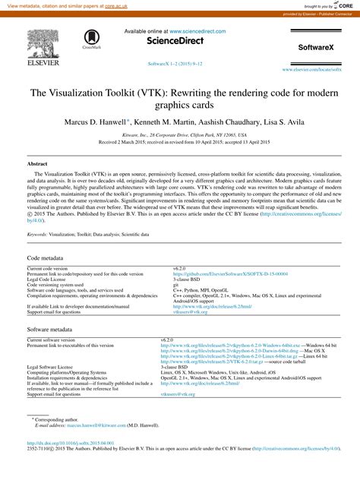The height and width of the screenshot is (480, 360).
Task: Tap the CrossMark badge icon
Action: pyautogui.click(x=92, y=39)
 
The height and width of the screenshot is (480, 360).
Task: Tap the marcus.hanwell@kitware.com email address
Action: pyautogui.click(x=97, y=427)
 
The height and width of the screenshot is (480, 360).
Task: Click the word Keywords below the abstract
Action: pyautogui.click(x=36, y=235)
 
